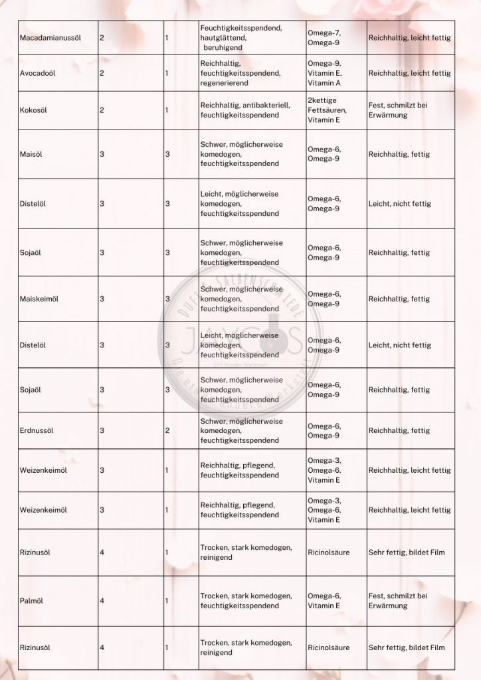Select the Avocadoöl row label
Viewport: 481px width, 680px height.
pyautogui.click(x=38, y=73)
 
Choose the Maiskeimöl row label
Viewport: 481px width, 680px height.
pyautogui.click(x=39, y=299)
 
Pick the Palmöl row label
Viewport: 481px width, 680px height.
pyautogui.click(x=32, y=601)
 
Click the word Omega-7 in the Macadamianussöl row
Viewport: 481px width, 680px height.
pyautogui.click(x=324, y=33)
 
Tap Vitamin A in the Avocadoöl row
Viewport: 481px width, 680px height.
pyautogui.click(x=324, y=83)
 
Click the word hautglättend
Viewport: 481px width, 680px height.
pyautogui.click(x=223, y=38)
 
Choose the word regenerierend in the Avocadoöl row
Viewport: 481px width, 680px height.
pyautogui.click(x=227, y=83)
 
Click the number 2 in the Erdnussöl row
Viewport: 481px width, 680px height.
pyautogui.click(x=167, y=430)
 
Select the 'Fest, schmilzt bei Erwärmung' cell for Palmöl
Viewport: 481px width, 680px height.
pyautogui.click(x=398, y=601)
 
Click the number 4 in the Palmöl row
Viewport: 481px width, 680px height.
pyautogui.click(x=102, y=601)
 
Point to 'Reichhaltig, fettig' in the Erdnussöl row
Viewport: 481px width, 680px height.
pyautogui.click(x=399, y=430)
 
